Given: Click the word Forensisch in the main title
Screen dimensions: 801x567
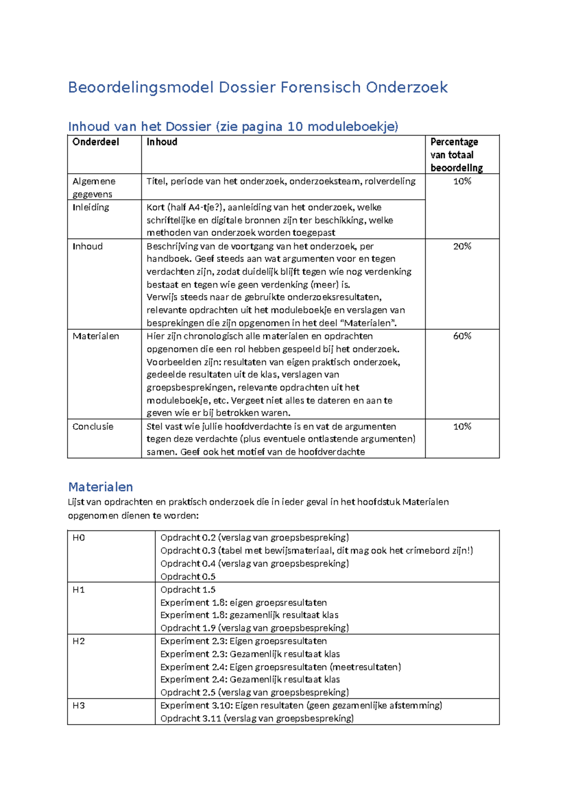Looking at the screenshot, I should tap(321, 87).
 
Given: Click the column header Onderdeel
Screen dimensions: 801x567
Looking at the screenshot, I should tap(95, 142).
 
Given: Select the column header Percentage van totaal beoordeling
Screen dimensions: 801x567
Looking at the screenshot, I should tap(456, 155).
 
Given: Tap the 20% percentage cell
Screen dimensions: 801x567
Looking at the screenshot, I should tap(462, 246).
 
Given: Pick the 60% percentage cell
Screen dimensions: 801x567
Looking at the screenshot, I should tap(462, 336).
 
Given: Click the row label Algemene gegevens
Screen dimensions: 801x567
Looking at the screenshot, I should tap(94, 187).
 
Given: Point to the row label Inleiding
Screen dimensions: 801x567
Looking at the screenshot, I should tap(91, 207).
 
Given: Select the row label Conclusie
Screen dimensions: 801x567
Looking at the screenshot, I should tap(93, 426).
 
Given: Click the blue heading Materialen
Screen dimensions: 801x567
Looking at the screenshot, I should tap(100, 487).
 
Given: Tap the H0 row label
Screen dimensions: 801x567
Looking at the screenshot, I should tap(78, 538).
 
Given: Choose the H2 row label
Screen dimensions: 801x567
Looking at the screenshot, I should tap(78, 641).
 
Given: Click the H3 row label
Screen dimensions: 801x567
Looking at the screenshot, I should tap(78, 706).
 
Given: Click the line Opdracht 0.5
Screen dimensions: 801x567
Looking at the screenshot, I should tap(188, 577).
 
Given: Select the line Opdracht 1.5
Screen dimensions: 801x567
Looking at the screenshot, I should tap(188, 590).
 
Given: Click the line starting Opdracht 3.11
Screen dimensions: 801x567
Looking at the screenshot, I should tap(257, 719).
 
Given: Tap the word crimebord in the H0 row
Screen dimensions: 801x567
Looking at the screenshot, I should tap(425, 551).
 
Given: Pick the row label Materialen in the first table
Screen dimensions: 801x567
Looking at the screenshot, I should tap(95, 336).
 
